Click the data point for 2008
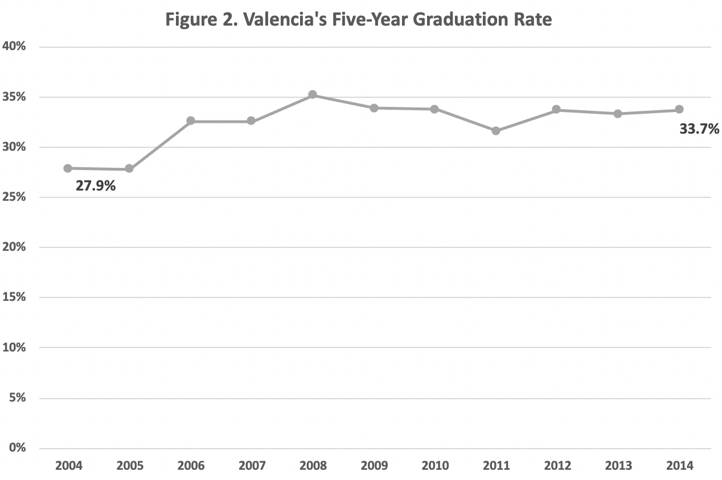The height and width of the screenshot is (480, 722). (x=313, y=95)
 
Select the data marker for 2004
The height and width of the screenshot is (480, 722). (x=68, y=168)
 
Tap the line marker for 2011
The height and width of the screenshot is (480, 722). (x=496, y=131)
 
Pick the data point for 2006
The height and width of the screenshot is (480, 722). (x=191, y=121)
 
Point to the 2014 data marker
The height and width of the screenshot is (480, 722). (x=679, y=109)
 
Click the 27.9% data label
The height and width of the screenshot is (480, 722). (x=96, y=185)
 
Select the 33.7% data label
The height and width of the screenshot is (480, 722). (x=699, y=129)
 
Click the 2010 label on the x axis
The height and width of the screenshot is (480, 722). (x=435, y=466)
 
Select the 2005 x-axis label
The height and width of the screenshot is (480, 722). (x=130, y=466)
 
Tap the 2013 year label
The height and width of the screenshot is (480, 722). (x=618, y=466)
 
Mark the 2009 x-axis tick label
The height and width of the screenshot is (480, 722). (x=374, y=466)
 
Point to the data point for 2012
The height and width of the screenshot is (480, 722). (x=557, y=110)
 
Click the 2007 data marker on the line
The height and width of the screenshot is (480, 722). (x=251, y=121)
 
